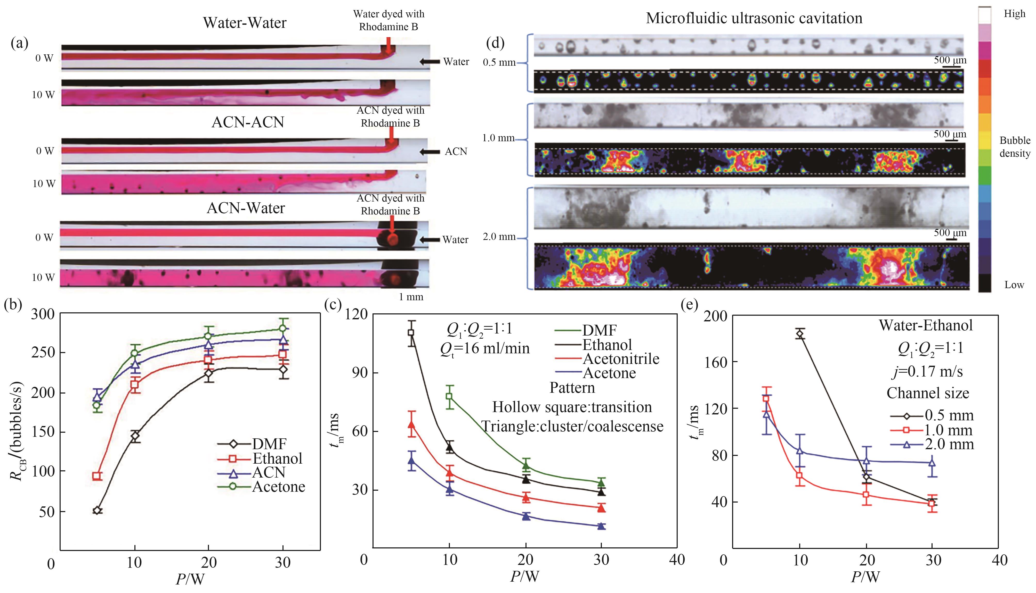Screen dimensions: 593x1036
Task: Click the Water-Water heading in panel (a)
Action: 245,23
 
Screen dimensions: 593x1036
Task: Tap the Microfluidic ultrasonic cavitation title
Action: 754,18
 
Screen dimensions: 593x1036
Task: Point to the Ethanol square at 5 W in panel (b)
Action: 97,476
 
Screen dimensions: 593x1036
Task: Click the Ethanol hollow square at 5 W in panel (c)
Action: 411,332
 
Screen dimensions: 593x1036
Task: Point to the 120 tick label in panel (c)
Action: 356,314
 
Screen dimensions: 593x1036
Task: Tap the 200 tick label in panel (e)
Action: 716,316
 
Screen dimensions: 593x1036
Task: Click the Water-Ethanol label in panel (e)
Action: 925,325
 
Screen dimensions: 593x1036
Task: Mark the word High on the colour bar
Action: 1014,14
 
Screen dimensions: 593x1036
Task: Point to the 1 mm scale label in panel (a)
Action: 411,297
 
